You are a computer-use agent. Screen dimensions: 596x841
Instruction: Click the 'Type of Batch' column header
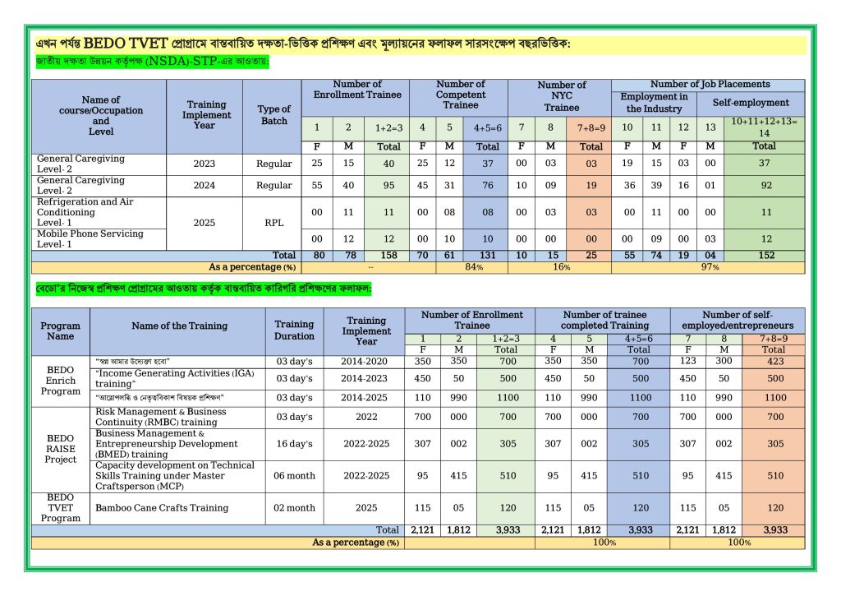click(273, 115)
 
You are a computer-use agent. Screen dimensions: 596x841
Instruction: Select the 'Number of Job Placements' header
click(710, 84)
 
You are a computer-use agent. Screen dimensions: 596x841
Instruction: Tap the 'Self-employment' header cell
click(751, 103)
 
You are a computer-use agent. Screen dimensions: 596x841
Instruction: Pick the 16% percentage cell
click(561, 267)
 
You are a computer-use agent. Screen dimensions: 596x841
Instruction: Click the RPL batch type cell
click(273, 223)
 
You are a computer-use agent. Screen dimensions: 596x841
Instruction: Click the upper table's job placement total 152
click(765, 256)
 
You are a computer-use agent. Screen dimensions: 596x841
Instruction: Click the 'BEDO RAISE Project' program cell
click(61, 449)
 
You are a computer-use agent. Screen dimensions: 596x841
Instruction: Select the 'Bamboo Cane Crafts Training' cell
click(149, 508)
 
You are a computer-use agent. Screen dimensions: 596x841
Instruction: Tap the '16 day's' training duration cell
click(294, 444)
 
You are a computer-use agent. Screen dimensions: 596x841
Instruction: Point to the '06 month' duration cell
click(294, 476)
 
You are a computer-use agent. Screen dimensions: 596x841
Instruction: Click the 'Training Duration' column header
click(294, 330)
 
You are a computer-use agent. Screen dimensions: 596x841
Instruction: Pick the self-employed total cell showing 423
click(773, 361)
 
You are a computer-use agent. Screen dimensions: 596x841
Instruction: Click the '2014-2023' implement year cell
click(366, 379)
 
